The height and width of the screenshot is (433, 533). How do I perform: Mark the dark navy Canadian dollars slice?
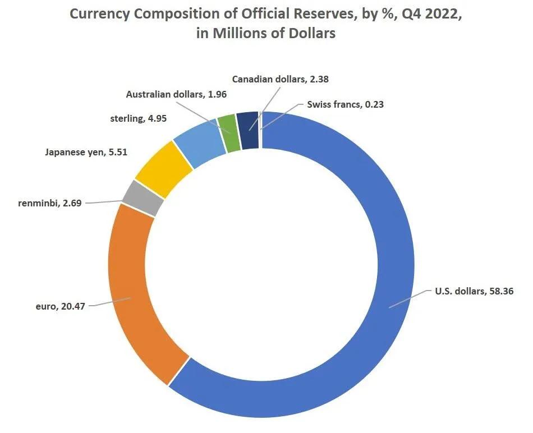247,122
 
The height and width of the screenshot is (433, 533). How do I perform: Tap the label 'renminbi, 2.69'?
49,203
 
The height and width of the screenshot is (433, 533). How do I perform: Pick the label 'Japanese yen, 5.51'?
86,151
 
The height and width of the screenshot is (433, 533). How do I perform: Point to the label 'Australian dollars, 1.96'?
176,94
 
